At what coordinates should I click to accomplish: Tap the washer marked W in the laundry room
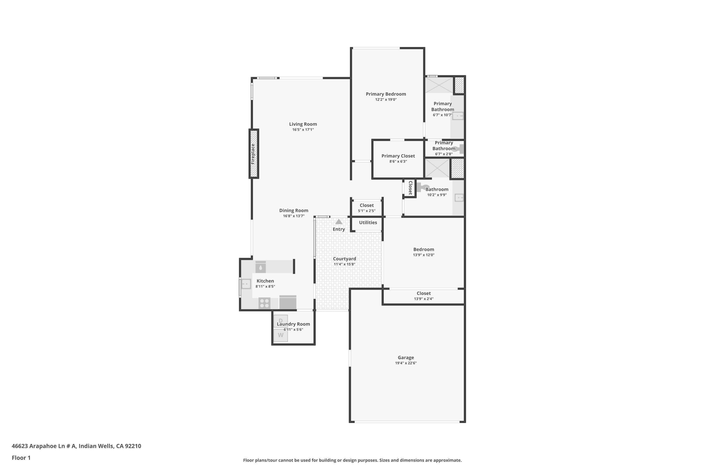[x=281, y=335]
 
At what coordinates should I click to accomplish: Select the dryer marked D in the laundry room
[x=281, y=321]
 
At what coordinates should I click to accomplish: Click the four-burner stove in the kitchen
[x=264, y=303]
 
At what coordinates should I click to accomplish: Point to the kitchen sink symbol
[x=246, y=284]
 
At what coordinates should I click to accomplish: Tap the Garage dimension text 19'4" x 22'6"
[x=406, y=363]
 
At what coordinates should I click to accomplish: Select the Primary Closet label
[x=398, y=156]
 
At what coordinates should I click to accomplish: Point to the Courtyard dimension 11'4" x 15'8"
[x=345, y=264]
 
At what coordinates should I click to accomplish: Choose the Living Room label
[x=303, y=124]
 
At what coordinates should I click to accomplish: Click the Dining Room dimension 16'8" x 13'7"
[x=294, y=216]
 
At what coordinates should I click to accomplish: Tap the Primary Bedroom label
[x=386, y=94]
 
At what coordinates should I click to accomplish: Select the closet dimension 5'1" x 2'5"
[x=367, y=211]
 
